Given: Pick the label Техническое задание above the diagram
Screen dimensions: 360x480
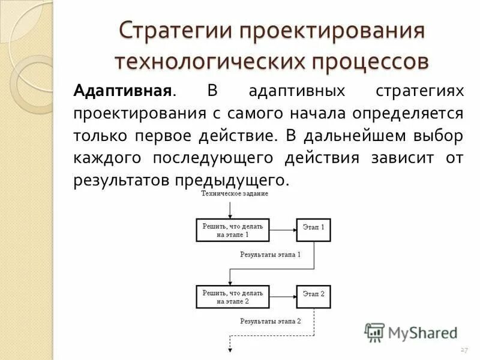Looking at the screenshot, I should coord(235,193).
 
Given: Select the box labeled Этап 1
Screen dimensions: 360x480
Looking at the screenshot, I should coord(313,228).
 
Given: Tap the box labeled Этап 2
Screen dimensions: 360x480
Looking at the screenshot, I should coord(313,294).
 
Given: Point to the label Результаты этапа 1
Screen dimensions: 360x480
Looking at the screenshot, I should coord(271,254).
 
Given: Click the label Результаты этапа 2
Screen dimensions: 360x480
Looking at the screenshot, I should coord(271,321).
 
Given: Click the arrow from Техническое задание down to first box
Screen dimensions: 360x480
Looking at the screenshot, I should coord(230,208).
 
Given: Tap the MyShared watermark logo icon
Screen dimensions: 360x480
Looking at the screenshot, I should coord(374,332).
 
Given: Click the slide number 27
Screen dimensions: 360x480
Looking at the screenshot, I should coord(463,350).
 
